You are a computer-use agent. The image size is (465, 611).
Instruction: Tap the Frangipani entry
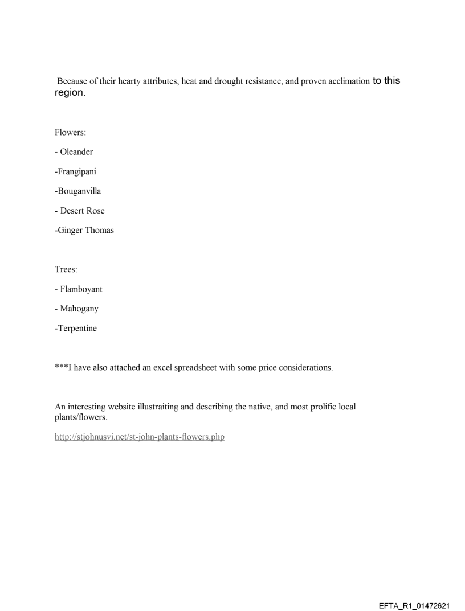[77, 171]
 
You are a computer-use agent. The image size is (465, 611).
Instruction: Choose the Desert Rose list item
[81, 211]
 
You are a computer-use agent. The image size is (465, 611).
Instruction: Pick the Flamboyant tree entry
[80, 289]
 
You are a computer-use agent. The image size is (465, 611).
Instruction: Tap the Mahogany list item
[79, 309]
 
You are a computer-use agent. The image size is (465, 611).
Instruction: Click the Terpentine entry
[77, 328]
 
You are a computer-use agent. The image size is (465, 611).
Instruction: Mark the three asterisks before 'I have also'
[60, 367]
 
